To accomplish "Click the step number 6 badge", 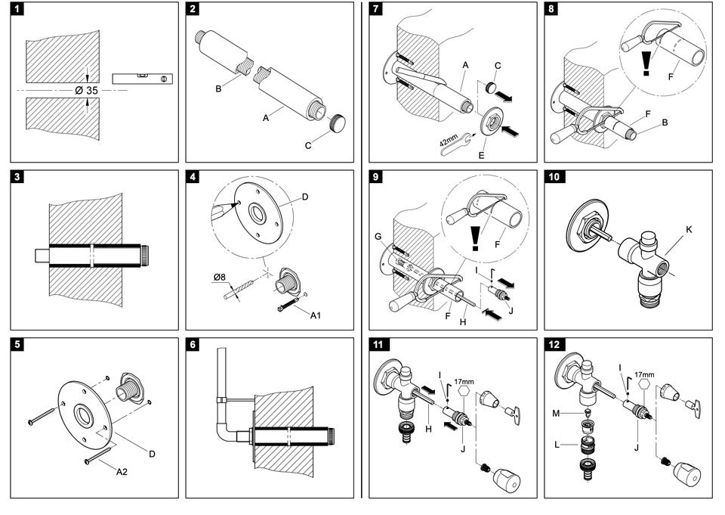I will click(194, 346).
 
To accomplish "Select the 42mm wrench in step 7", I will click(454, 141).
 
